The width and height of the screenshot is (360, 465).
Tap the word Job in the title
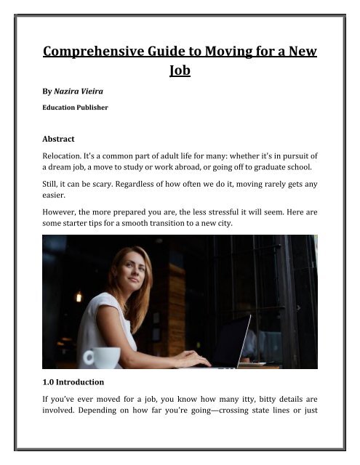179,73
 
